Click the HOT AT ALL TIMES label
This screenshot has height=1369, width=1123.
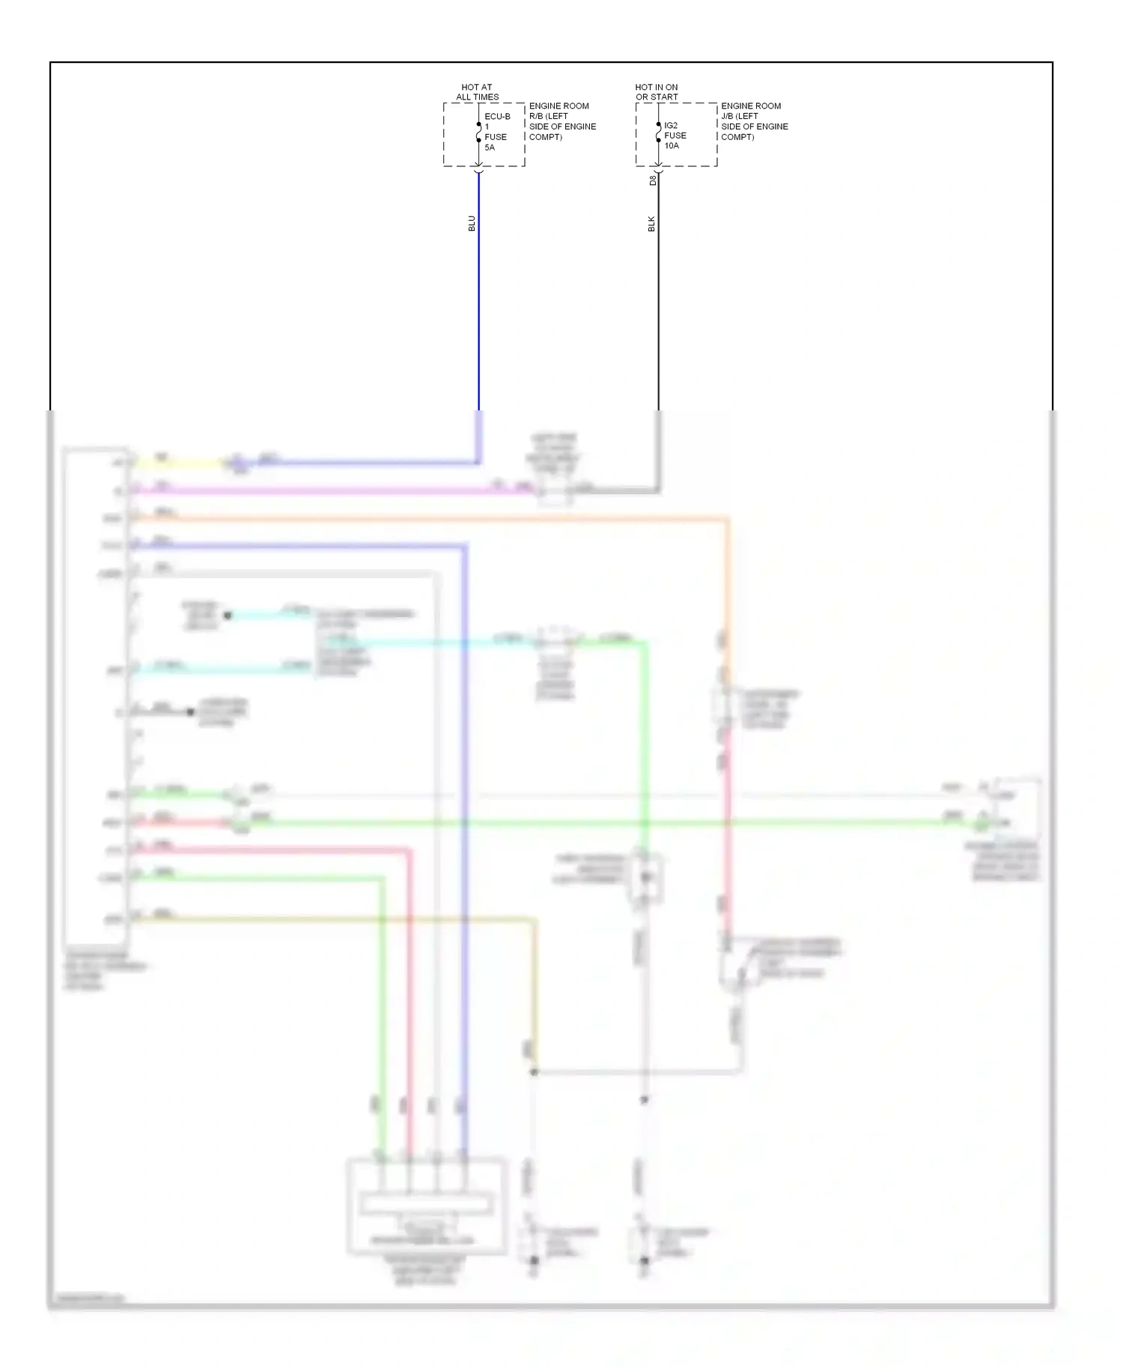click(x=477, y=92)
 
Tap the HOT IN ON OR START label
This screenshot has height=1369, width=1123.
click(x=657, y=92)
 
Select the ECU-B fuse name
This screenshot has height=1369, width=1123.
click(x=497, y=117)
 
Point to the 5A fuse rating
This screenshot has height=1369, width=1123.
click(x=490, y=148)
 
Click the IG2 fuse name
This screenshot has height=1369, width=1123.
click(x=671, y=125)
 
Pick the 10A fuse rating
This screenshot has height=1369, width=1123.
click(x=672, y=146)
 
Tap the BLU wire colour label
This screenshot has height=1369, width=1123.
click(x=472, y=223)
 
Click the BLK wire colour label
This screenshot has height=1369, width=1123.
click(x=651, y=223)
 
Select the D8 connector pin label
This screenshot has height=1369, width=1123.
click(x=652, y=180)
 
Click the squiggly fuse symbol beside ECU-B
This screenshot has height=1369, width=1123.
click(x=479, y=133)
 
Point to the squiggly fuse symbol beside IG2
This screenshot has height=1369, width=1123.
click(x=659, y=133)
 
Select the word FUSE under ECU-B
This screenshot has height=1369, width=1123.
click(x=496, y=137)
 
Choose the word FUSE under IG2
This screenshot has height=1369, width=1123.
click(x=675, y=136)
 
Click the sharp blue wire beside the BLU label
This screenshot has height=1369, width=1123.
click(x=479, y=300)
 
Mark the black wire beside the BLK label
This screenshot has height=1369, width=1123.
click(x=659, y=300)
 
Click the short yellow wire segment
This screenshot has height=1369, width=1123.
click(x=180, y=463)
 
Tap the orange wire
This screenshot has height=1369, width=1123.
click(x=449, y=517)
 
